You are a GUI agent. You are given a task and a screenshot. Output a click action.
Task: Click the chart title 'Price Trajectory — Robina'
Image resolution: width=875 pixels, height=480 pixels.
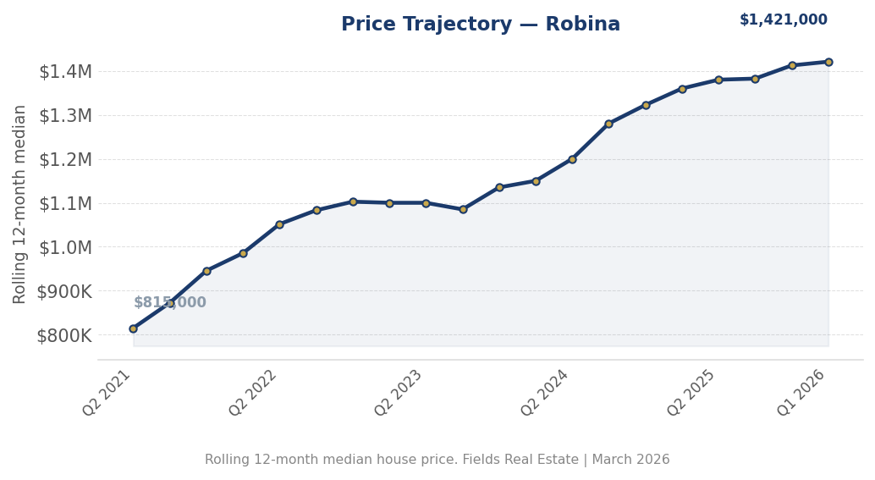click(480, 25)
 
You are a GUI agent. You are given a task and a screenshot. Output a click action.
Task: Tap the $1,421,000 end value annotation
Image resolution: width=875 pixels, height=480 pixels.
click(783, 20)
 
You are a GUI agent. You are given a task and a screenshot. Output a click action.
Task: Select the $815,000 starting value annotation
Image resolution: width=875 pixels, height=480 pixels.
click(169, 303)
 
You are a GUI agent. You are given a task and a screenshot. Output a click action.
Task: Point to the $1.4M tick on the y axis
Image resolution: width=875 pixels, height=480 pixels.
click(65, 72)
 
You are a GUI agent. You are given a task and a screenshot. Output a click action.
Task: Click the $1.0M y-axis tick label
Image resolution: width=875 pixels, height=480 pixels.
click(65, 247)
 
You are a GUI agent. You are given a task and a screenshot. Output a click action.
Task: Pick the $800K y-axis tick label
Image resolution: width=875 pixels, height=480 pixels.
click(64, 335)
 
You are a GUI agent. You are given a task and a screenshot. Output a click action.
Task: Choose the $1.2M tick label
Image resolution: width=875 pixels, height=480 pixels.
click(65, 159)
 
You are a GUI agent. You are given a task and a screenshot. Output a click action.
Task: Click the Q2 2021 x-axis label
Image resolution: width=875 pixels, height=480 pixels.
click(107, 392)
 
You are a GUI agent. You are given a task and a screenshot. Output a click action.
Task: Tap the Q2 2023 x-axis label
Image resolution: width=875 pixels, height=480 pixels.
click(399, 392)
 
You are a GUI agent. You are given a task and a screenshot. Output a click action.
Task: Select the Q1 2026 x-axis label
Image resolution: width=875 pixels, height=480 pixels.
click(802, 392)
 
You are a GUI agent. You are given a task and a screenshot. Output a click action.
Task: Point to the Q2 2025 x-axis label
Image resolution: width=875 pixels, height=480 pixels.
click(692, 392)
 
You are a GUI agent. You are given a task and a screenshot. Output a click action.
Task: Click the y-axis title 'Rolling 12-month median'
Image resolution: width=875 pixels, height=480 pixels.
click(20, 203)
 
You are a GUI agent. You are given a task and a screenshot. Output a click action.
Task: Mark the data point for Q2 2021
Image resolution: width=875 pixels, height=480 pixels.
click(133, 328)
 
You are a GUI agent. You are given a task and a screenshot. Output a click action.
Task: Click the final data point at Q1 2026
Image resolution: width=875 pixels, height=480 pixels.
click(828, 62)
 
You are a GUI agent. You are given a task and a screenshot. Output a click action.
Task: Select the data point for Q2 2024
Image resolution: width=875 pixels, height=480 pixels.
click(572, 159)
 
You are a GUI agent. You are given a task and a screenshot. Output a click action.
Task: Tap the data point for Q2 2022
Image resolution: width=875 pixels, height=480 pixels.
click(279, 224)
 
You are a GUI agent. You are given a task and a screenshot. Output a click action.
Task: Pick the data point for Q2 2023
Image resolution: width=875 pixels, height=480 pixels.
click(426, 203)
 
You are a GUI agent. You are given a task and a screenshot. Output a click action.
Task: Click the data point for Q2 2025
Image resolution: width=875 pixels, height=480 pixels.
click(718, 80)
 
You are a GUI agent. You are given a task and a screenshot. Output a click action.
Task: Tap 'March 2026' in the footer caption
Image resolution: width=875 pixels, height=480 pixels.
click(630, 460)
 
